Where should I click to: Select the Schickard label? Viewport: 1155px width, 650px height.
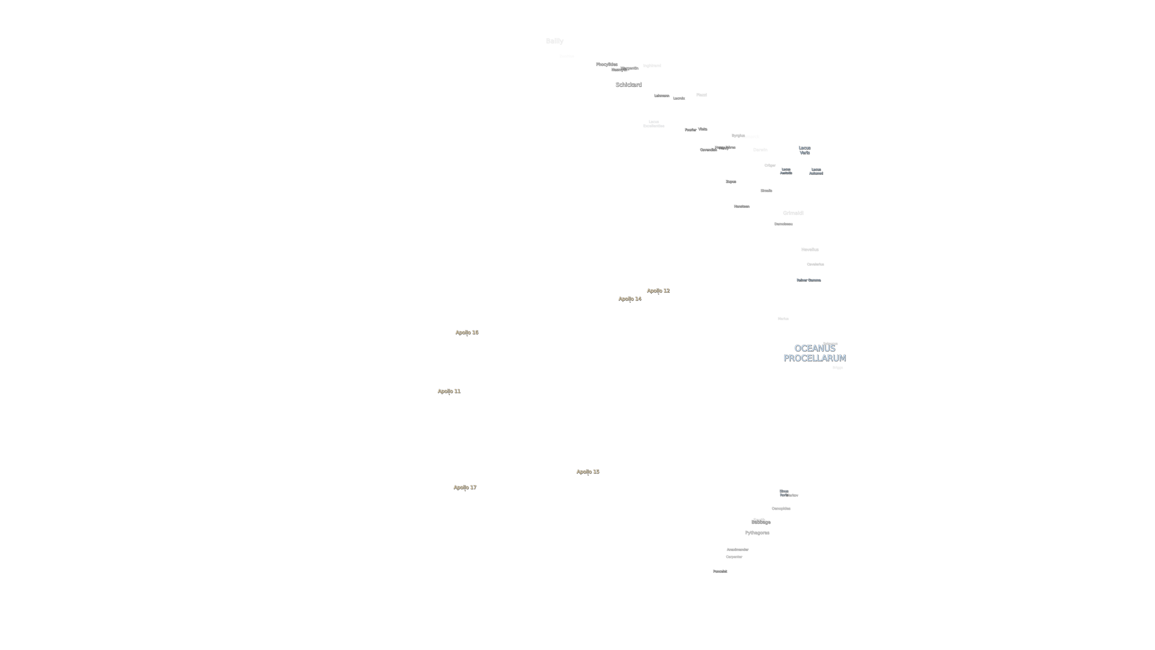click(x=628, y=85)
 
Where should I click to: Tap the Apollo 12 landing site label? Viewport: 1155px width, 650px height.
click(x=658, y=291)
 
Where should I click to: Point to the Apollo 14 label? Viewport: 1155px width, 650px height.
click(x=629, y=299)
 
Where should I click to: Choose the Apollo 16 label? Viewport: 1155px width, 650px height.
click(x=466, y=332)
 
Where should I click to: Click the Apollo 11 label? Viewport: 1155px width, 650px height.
click(x=449, y=391)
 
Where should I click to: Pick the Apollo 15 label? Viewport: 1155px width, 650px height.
click(x=587, y=471)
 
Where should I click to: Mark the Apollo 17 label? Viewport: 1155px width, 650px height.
click(x=465, y=487)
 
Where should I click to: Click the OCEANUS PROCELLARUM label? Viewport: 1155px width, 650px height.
click(x=814, y=353)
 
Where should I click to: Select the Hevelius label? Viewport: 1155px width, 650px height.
click(x=809, y=249)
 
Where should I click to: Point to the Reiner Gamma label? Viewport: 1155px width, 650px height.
click(x=808, y=280)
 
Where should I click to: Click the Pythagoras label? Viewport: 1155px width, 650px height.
click(x=757, y=532)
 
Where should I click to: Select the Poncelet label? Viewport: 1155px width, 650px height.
click(x=720, y=571)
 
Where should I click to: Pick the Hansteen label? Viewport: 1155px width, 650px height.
click(x=741, y=206)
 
